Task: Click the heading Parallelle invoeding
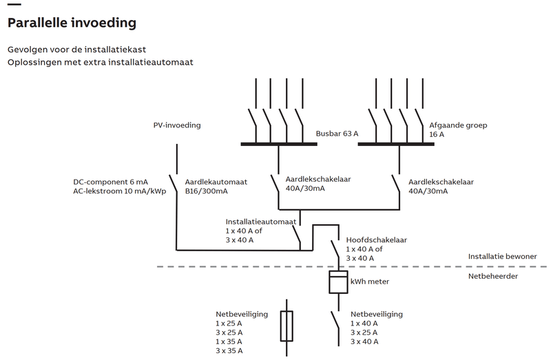[x=71, y=23]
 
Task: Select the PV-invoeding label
[x=176, y=125]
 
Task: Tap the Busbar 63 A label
[x=337, y=134]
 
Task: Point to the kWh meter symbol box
[x=338, y=282]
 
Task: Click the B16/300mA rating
[x=206, y=191]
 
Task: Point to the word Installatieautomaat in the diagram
[x=261, y=222]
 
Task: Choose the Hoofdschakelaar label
[x=378, y=240]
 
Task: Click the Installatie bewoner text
[x=502, y=256]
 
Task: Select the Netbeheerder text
[x=493, y=276]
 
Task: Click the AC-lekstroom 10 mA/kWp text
[x=120, y=191]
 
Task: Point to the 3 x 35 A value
[x=229, y=351]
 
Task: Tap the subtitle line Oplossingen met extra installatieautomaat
[x=100, y=62]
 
